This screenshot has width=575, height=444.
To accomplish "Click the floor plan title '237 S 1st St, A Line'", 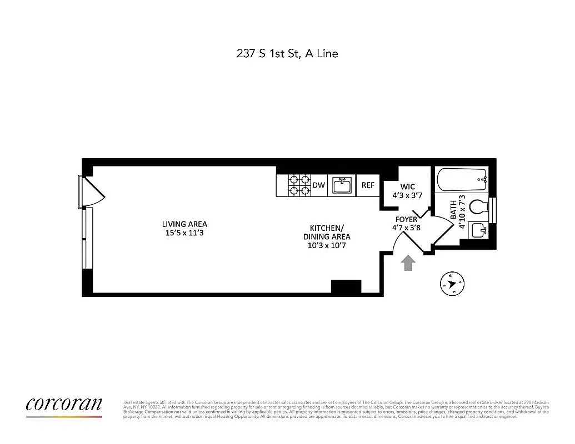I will tap(287, 54).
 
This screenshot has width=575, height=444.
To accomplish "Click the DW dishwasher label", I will tap(318, 185).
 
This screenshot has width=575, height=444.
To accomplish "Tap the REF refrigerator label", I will tap(368, 185).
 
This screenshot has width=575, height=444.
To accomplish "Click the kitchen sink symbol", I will tap(342, 185).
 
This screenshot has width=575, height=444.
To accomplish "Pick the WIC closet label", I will tap(407, 186).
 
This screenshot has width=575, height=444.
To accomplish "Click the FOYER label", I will tap(406, 220).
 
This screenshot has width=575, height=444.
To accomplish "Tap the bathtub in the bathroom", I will tap(461, 180).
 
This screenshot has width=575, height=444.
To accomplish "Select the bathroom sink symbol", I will tap(477, 229).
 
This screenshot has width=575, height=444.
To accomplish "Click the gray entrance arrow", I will tap(408, 263).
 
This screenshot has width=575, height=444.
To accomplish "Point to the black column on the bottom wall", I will tap(346, 286).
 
